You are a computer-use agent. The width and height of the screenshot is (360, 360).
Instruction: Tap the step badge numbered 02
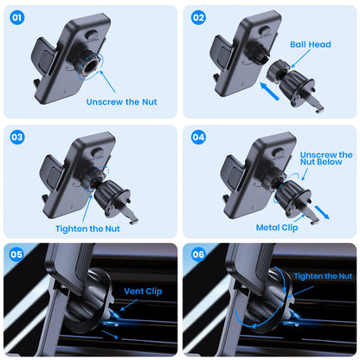coord(198,17)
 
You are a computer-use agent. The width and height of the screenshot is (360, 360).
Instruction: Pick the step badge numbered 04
coord(198,138)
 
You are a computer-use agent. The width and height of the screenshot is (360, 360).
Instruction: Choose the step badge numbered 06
coord(198,254)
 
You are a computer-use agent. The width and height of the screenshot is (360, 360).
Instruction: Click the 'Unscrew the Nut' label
coord(122,101)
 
